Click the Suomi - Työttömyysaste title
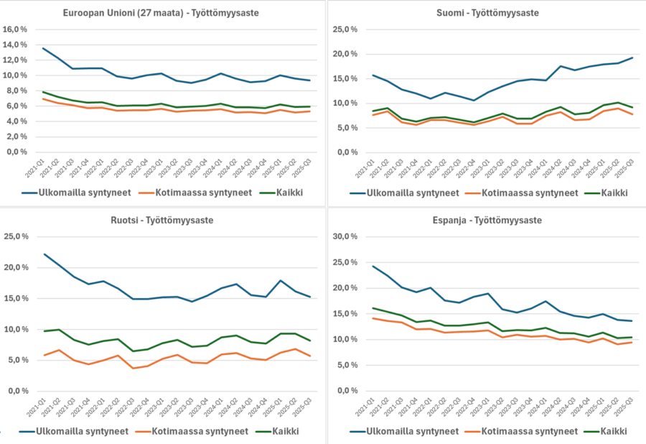(x=487, y=13)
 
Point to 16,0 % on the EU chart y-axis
(x=16, y=29)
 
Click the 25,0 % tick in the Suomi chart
(x=342, y=29)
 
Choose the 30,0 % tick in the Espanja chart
(x=342, y=236)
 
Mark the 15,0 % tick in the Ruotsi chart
(x=16, y=298)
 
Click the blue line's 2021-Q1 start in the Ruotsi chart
(x=44, y=254)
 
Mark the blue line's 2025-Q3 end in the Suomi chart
(x=632, y=57)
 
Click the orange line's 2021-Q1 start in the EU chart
(x=44, y=98)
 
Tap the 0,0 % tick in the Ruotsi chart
(x=17, y=391)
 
